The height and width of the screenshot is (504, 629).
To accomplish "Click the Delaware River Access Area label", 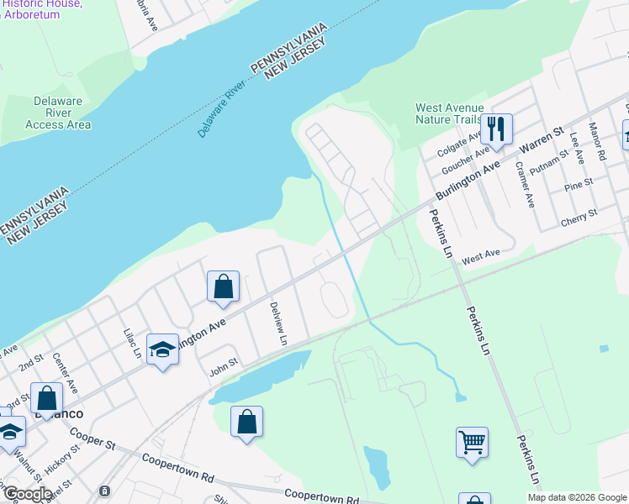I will (58, 113).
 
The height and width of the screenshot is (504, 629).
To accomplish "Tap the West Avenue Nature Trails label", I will (450, 113).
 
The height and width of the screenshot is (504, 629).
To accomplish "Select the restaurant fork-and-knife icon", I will (496, 129).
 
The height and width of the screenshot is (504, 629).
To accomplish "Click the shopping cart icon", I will (472, 441).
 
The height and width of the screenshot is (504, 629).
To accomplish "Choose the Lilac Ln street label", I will (132, 344).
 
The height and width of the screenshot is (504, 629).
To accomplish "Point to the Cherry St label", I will (579, 218).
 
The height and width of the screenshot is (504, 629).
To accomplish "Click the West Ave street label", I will (480, 254).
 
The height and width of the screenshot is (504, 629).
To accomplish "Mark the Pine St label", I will (579, 184).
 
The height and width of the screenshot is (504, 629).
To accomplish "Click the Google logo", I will (27, 494).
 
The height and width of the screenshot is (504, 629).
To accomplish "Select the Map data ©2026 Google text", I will (577, 497).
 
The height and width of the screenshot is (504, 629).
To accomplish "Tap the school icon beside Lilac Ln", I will (162, 349).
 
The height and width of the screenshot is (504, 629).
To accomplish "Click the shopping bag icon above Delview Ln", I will (223, 287).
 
